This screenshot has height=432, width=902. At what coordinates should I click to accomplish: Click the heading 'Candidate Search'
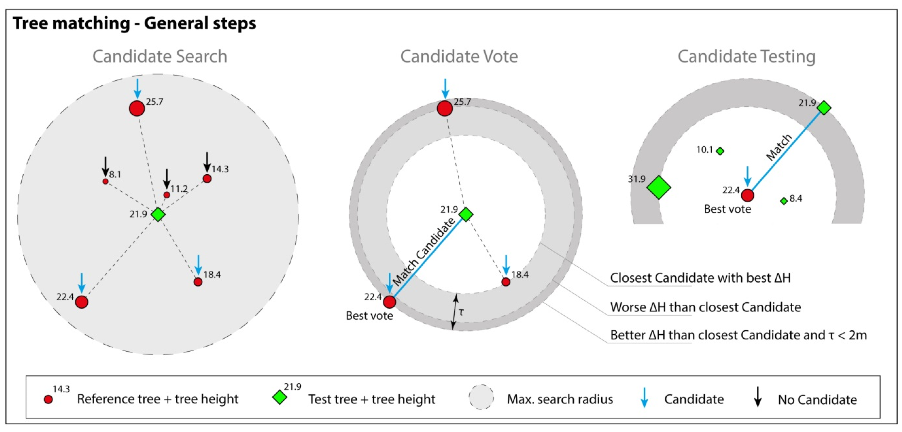click(160, 56)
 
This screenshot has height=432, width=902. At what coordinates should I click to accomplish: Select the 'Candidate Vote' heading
click(459, 56)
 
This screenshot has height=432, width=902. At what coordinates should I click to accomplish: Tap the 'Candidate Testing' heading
click(746, 56)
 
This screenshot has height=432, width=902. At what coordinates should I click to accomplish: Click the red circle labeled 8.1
click(105, 181)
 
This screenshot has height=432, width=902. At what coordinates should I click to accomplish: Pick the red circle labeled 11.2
click(167, 195)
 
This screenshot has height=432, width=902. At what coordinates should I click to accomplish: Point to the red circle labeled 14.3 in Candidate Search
click(207, 179)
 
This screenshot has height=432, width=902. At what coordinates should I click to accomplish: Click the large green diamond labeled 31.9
click(658, 187)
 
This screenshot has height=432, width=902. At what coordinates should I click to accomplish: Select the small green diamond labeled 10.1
click(720, 151)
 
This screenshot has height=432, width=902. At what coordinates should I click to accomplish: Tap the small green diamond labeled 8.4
click(784, 201)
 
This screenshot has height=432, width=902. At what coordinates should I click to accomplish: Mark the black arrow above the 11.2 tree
click(167, 179)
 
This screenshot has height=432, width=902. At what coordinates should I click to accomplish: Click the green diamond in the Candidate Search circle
click(158, 214)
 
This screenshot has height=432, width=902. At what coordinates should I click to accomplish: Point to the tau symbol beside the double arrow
click(461, 311)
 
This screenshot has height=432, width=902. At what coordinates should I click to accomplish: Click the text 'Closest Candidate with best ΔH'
click(700, 278)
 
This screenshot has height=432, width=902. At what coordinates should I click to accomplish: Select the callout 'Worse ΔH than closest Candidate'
click(705, 307)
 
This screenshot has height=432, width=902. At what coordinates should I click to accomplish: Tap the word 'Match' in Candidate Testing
click(779, 147)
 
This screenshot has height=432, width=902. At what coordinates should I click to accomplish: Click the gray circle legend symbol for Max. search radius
click(481, 397)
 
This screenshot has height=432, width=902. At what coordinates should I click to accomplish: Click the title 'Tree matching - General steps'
click(134, 23)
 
